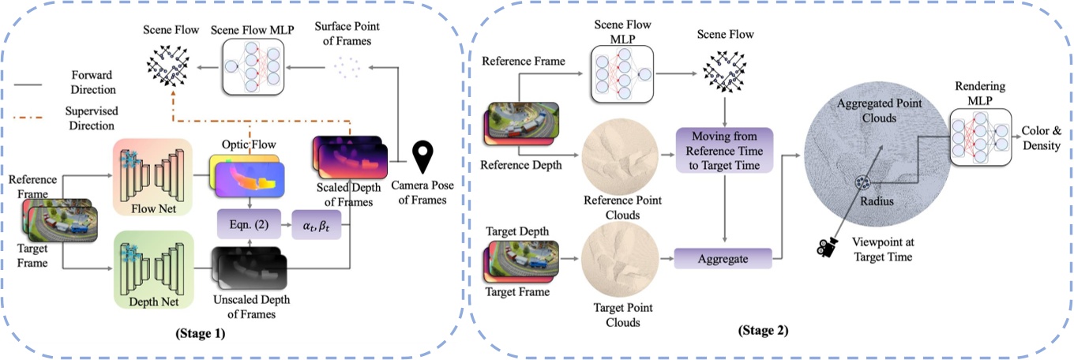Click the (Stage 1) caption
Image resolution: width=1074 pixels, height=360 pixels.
click(200, 333)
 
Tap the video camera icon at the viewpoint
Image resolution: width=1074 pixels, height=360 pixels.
click(828, 248)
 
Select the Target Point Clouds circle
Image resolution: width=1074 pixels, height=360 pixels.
click(614, 264)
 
